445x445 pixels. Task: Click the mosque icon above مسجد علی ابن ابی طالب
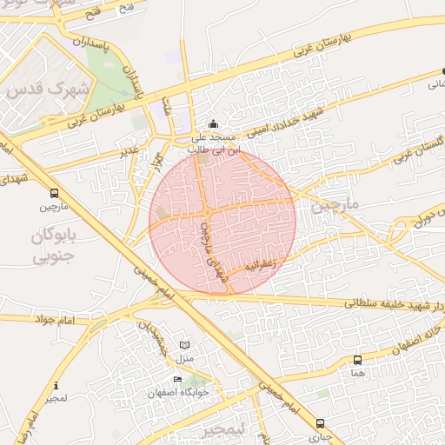coord(214,124)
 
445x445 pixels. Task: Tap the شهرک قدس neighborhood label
coord(47,88)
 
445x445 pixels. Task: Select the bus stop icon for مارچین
coord(55,193)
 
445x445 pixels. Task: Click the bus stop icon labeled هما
coord(357,360)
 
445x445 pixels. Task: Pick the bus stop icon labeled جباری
coord(320,423)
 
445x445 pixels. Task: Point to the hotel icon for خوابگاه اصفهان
coord(177,379)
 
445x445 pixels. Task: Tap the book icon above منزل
coord(183,345)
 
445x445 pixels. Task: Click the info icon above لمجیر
coord(56,385)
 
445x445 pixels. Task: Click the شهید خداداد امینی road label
coord(282,123)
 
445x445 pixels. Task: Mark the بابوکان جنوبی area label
coord(56,246)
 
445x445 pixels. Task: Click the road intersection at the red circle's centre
coord(207,213)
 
